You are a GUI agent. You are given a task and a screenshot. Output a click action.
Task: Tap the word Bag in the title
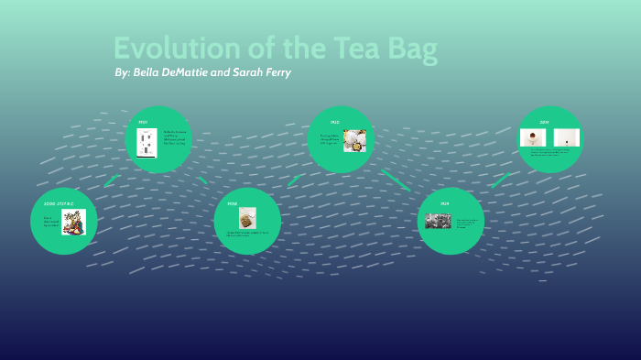click(409, 49)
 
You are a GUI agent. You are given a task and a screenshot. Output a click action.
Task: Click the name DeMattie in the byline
click(171, 72)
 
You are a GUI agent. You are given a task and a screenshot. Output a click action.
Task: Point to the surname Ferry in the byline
click(274, 72)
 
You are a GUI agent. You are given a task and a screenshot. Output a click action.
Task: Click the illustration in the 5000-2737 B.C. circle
click(73, 222)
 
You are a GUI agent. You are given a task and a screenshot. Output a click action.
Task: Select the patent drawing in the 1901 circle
click(146, 144)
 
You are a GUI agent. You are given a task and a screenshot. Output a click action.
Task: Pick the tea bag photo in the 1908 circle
click(246, 217)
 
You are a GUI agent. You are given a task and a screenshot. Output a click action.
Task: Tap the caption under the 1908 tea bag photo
click(247, 234)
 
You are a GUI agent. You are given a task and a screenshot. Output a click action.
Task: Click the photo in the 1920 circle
click(354, 139)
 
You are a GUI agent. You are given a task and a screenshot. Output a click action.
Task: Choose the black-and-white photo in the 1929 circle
click(438, 221)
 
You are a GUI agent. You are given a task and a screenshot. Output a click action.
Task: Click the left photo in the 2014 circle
click(533, 137)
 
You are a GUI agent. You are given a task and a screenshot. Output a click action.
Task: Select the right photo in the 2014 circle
click(567, 137)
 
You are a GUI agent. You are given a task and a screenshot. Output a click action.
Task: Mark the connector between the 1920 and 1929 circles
click(397, 180)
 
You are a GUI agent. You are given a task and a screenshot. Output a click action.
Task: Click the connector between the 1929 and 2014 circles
click(500, 180)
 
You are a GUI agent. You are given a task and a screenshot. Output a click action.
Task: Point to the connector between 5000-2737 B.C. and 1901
click(112, 180)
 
